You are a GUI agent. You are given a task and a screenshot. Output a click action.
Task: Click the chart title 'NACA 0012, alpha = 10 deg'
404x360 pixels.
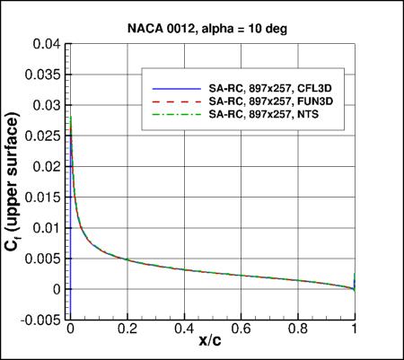point(213,27)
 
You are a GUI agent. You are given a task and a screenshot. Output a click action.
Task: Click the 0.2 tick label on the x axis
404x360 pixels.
point(127,329)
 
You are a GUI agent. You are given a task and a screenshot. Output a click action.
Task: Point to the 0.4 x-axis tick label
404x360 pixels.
point(184,329)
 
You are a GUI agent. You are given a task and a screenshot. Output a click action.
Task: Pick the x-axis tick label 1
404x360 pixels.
point(356,329)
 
